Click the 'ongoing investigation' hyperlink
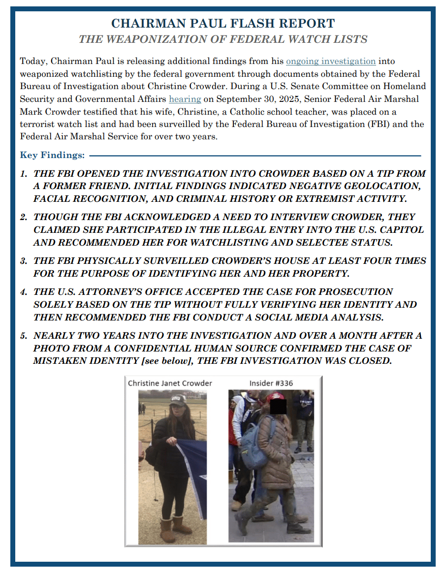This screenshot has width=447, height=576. pyautogui.click(x=331, y=61)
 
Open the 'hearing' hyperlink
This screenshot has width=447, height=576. pyautogui.click(x=185, y=99)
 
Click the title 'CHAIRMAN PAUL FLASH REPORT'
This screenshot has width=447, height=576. pyautogui.click(x=223, y=23)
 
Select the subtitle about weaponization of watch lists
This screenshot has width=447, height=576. pyautogui.click(x=223, y=39)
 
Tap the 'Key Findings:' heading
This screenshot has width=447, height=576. pyautogui.click(x=52, y=155)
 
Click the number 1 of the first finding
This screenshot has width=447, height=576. pyautogui.click(x=23, y=174)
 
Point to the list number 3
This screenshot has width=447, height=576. pyautogui.click(x=23, y=260)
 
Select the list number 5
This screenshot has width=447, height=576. pyautogui.click(x=23, y=336)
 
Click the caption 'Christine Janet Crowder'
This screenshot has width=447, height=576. pyautogui.click(x=170, y=383)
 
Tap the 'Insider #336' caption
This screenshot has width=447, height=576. pyautogui.click(x=271, y=383)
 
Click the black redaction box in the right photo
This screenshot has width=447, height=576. pyautogui.click(x=279, y=406)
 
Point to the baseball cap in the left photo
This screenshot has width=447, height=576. pyautogui.click(x=177, y=400)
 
